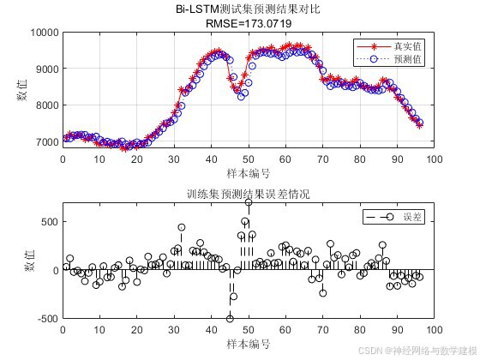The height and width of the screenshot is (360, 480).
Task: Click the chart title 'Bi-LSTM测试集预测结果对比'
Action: pyautogui.click(x=249, y=10)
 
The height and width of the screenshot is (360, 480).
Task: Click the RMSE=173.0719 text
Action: pyautogui.click(x=249, y=24)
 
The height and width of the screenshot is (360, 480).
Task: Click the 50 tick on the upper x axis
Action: pyautogui.click(x=249, y=159)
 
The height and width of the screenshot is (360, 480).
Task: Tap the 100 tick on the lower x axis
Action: pyautogui.click(x=434, y=329)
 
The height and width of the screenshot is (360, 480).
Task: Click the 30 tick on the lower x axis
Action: pyautogui.click(x=174, y=329)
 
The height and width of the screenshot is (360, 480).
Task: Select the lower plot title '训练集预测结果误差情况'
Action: pyautogui.click(x=249, y=195)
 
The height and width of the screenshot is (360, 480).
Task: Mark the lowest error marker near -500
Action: pyautogui.click(x=230, y=318)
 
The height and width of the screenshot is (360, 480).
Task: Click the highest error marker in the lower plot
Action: pyautogui.click(x=249, y=203)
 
